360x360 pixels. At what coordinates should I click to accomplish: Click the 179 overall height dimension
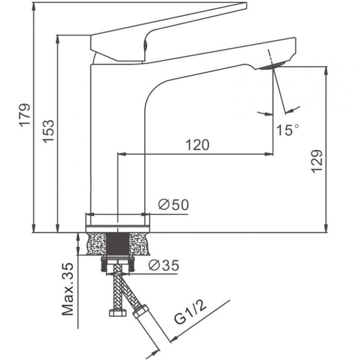tap(25, 115)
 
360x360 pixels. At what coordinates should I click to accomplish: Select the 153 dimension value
tap(48, 131)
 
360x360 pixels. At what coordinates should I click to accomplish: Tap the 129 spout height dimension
tap(317, 161)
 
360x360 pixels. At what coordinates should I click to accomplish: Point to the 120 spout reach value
tap(198, 144)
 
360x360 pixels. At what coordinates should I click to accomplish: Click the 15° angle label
tap(288, 130)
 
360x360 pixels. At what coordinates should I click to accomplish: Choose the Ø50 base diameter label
tap(174, 205)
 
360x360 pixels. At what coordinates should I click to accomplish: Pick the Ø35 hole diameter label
tap(164, 265)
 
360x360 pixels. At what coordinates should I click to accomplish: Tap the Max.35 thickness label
tap(68, 289)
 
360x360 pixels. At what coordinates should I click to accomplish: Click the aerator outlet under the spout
tap(273, 66)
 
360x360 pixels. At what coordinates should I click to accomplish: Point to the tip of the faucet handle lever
tap(246, 6)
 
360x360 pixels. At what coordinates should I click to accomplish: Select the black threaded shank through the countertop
tap(118, 244)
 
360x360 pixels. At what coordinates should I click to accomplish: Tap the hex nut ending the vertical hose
tap(118, 313)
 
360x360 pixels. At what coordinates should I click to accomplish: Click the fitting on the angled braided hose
tap(141, 312)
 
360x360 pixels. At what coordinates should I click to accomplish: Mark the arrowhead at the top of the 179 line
tap(34, 7)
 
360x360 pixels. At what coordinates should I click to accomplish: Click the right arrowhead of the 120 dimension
tap(269, 154)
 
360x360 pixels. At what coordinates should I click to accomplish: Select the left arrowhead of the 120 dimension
tap(122, 154)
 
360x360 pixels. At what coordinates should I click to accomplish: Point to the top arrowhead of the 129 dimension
tap(326, 71)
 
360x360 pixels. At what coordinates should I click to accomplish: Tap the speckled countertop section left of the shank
tap(96, 244)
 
